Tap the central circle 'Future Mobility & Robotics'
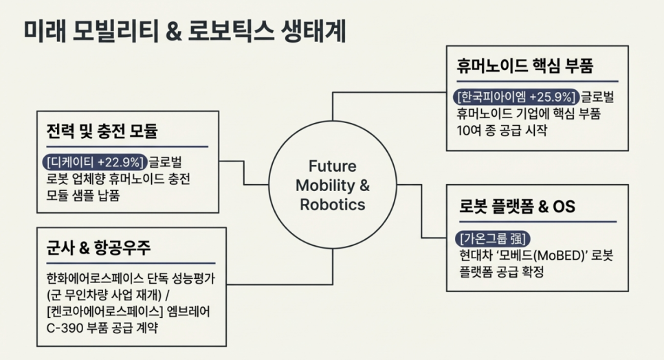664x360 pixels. coord(332,185)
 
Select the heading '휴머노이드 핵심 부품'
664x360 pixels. coord(524,67)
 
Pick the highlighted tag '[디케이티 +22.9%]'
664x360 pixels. coord(94,162)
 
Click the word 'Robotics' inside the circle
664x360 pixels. coord(332,204)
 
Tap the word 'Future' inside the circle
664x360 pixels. coord(332,167)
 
